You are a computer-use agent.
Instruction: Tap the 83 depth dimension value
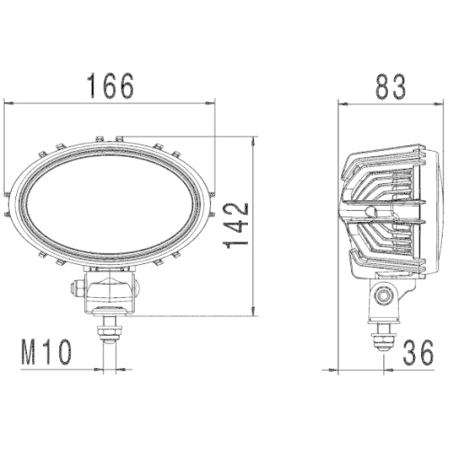[388, 85]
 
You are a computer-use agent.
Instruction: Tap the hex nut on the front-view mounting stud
[110, 331]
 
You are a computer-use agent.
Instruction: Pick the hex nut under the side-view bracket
[383, 339]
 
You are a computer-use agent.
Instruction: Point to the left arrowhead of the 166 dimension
[10, 103]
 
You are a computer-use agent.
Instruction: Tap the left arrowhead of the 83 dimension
[342, 103]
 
